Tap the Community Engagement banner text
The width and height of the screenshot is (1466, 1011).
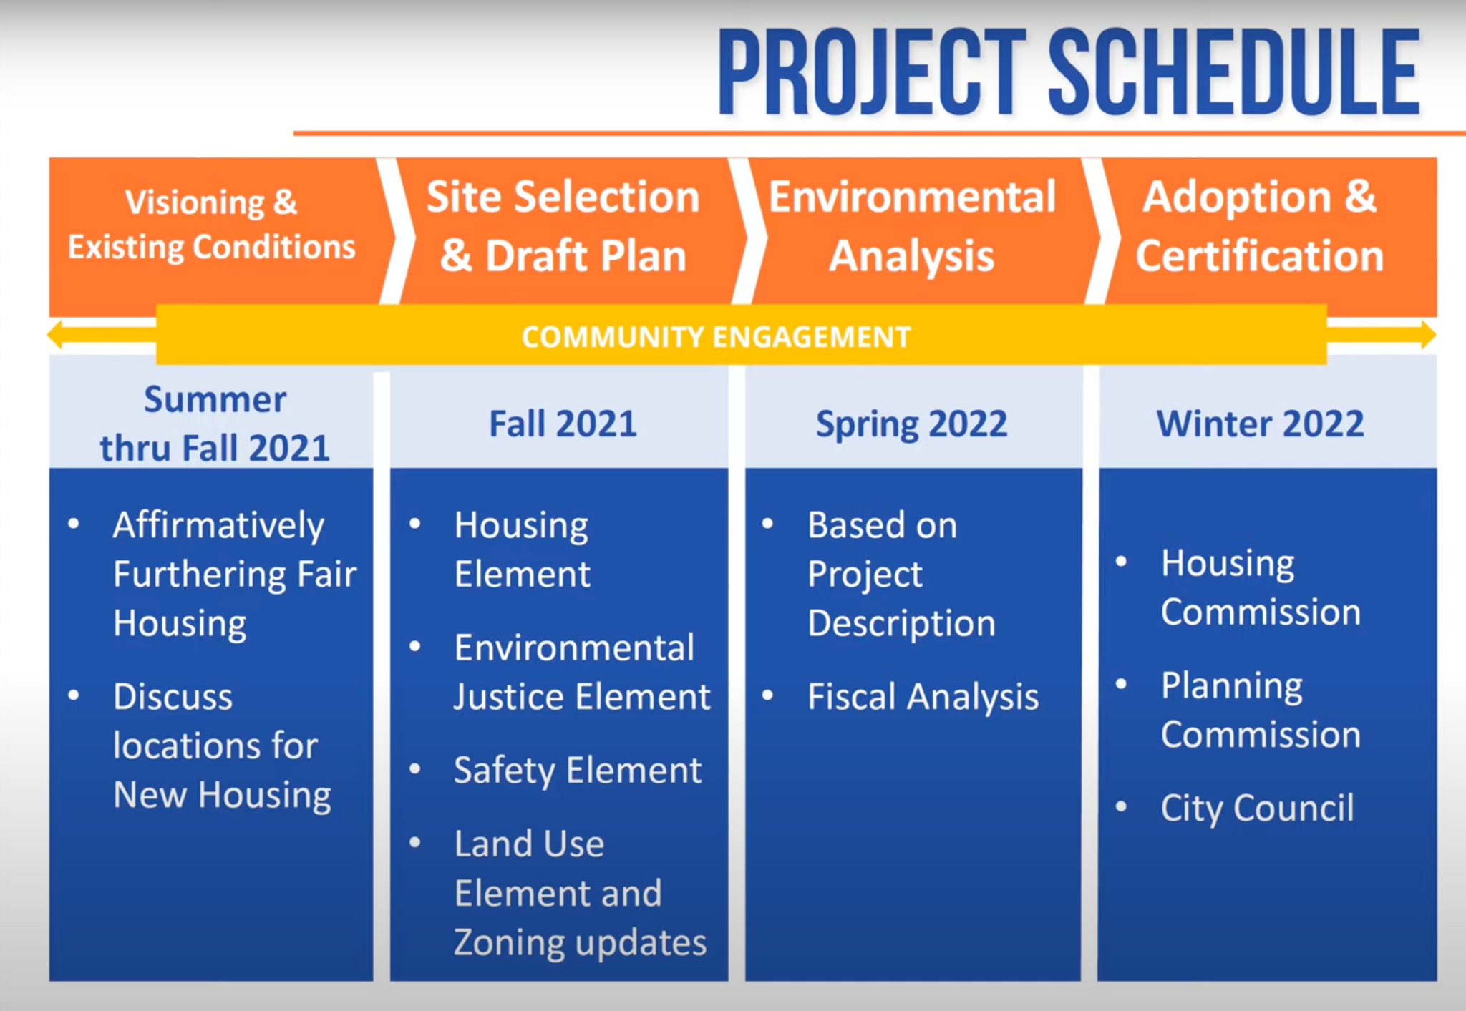point(716,337)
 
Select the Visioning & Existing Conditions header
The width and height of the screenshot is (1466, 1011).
point(212,224)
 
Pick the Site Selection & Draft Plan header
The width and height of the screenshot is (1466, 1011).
point(563,226)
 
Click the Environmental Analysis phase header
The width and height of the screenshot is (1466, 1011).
point(912,226)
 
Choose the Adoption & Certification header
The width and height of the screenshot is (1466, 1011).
point(1260,226)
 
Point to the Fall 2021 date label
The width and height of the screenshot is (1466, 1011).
point(563,424)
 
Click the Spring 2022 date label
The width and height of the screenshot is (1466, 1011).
point(912,425)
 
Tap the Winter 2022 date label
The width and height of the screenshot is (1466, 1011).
point(1261,424)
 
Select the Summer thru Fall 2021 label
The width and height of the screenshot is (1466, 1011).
point(215,424)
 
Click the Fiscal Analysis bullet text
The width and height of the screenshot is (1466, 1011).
point(923,697)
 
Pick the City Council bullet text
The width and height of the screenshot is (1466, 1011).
point(1258,809)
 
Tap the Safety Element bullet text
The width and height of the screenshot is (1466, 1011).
point(578,771)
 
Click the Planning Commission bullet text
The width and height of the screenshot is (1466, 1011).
point(1261,710)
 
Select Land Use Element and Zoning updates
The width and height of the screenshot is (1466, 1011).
point(581,893)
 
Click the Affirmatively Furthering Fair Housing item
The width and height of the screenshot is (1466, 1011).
point(235,575)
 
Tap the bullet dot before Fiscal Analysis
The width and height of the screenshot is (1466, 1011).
point(768,695)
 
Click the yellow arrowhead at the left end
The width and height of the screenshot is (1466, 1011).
point(55,334)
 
